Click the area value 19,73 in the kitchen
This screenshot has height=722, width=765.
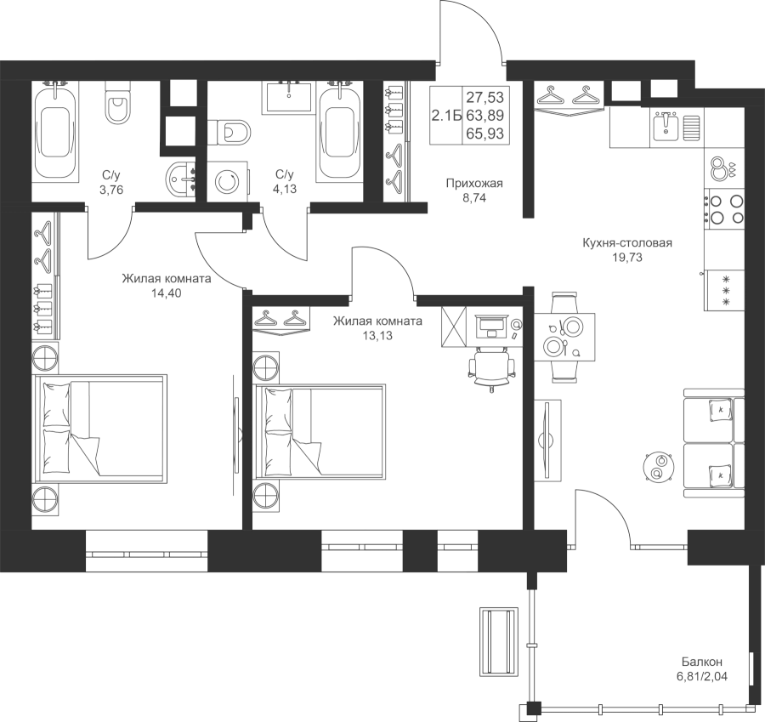[627, 258]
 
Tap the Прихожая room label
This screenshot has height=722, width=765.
[474, 184]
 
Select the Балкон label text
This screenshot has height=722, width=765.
[702, 662]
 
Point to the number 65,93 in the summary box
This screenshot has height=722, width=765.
[485, 134]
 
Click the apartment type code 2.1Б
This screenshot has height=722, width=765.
[446, 116]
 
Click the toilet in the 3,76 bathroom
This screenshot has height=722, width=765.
[117, 103]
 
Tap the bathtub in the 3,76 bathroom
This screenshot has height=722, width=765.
[55, 132]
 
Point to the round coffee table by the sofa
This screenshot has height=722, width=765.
[659, 467]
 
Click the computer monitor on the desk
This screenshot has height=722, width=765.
[491, 322]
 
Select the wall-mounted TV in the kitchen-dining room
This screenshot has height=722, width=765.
[547, 438]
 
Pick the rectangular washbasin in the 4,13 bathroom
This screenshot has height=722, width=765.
[289, 98]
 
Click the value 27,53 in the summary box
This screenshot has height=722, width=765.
[485, 97]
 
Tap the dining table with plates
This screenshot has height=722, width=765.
[564, 337]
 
